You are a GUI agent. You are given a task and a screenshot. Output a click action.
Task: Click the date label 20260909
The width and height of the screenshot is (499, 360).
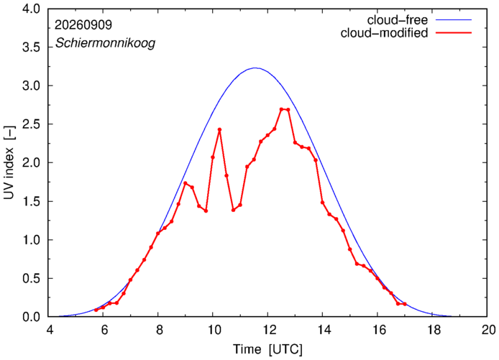(83, 25)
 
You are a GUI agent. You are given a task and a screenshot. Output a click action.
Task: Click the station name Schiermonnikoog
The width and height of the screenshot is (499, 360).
(106, 43)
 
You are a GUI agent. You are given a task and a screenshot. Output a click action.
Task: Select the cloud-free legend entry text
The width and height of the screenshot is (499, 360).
(398, 20)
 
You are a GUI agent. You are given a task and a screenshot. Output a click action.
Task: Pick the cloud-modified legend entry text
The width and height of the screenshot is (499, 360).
(384, 33)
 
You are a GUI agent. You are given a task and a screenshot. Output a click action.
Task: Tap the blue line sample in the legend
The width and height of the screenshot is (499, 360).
(454, 19)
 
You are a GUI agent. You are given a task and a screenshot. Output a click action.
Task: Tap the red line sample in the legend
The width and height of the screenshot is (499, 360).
(454, 32)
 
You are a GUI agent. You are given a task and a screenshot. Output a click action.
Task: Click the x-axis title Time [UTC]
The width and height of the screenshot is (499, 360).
(267, 349)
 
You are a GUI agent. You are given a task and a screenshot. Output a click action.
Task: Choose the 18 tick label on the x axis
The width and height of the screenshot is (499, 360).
(432, 330)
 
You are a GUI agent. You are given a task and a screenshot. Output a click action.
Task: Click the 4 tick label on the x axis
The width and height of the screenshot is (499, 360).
(50, 330)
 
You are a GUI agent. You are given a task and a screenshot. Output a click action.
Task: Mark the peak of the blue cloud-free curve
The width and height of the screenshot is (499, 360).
(255, 68)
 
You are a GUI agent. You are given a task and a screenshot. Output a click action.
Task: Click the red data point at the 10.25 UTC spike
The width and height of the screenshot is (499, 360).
(219, 130)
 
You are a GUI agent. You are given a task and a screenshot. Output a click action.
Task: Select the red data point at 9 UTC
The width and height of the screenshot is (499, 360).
(186, 183)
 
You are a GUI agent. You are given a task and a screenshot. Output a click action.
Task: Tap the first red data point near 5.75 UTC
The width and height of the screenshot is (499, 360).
(96, 310)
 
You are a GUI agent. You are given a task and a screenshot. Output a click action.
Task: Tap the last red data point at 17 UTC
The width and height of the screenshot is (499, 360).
(405, 304)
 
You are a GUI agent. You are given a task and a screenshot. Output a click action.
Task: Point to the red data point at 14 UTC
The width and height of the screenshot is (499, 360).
(322, 203)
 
